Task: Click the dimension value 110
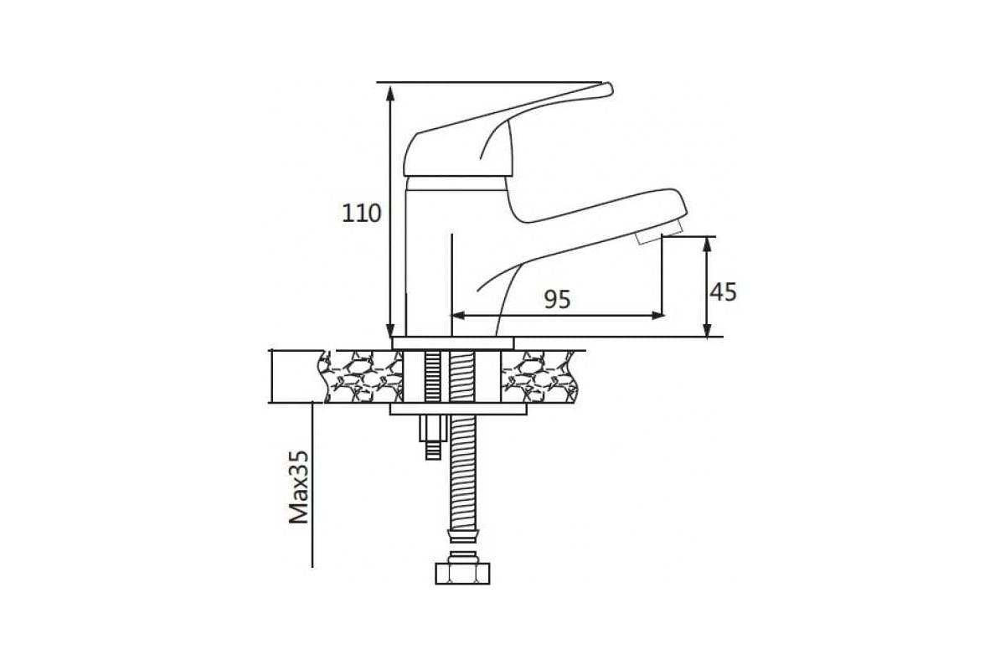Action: pos(361,214)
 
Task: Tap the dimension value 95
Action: pos(558,299)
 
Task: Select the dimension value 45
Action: pos(723,291)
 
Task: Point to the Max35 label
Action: pos(299,487)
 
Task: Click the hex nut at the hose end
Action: pos(462,573)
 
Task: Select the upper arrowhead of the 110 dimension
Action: pos(390,92)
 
